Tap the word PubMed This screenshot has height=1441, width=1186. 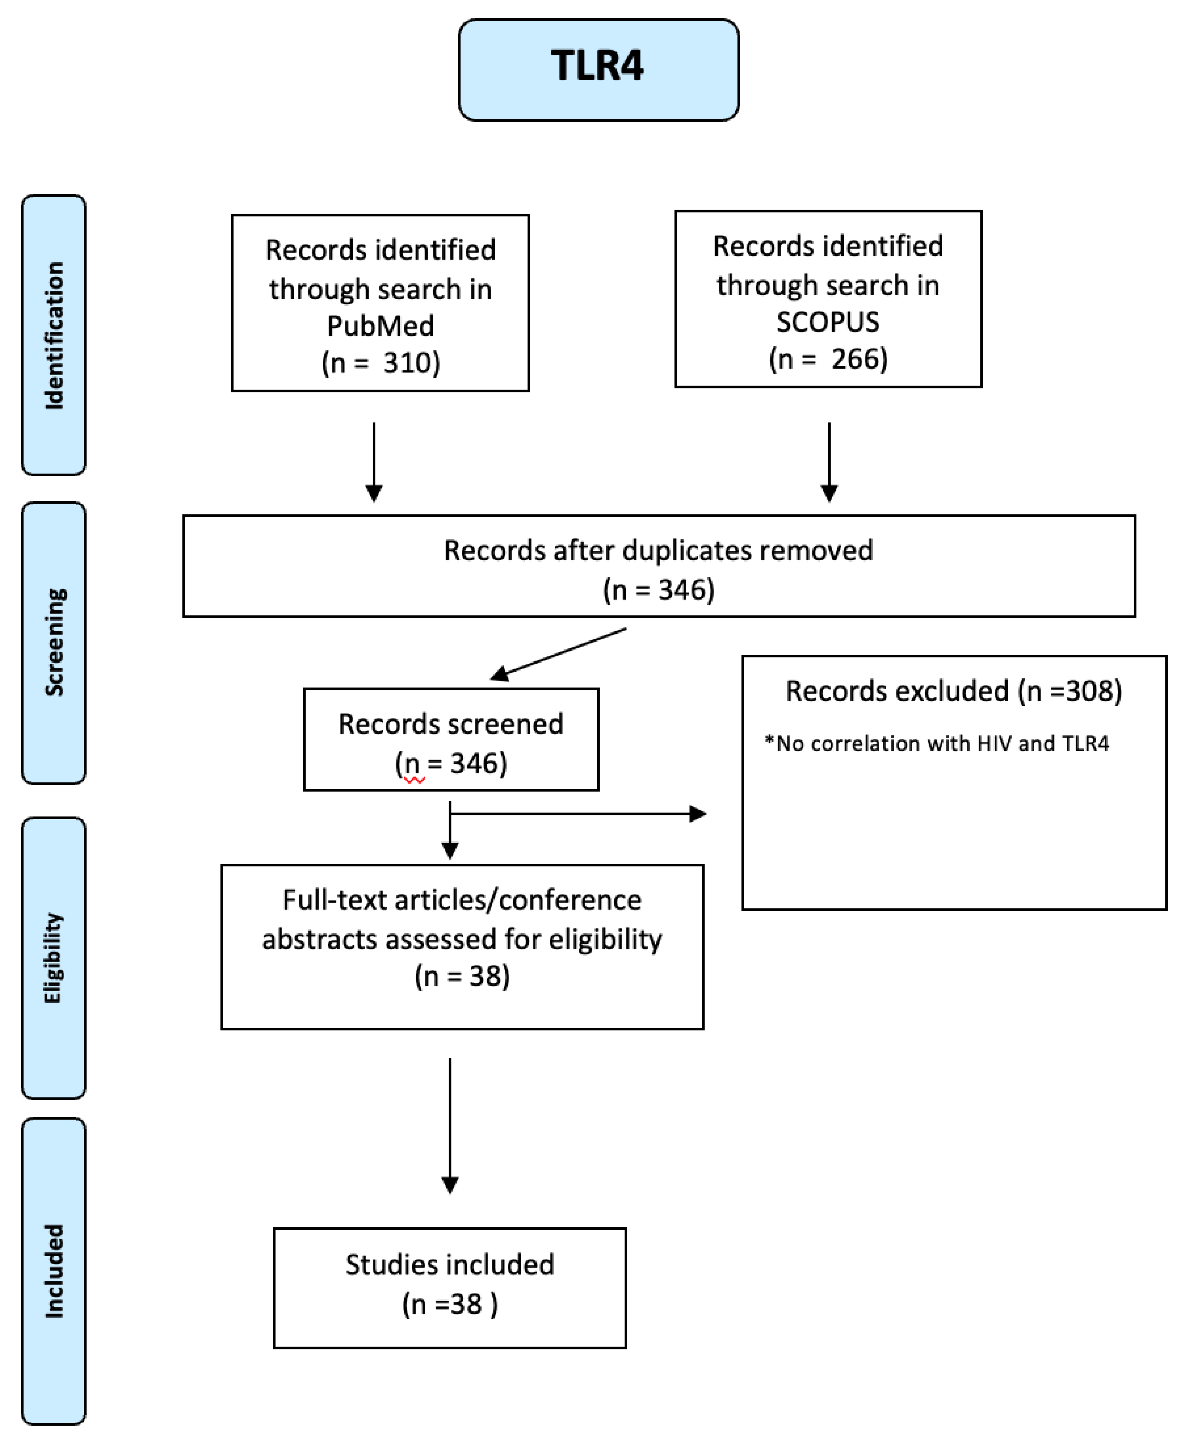pyautogui.click(x=380, y=326)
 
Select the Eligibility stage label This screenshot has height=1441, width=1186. pyautogui.click(x=53, y=958)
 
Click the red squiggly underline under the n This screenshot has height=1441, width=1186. pyautogui.click(x=414, y=780)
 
